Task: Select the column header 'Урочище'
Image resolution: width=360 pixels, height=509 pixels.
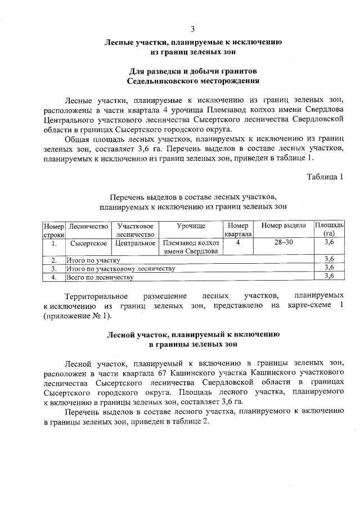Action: (191, 226)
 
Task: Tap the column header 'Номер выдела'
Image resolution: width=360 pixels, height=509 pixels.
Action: (283, 226)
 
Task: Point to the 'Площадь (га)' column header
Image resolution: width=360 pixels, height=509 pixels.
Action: (329, 229)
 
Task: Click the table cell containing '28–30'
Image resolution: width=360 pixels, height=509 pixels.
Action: (283, 242)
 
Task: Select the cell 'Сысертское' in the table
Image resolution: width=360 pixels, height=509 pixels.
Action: (89, 243)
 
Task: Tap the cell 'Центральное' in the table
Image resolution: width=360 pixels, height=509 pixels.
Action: (135, 243)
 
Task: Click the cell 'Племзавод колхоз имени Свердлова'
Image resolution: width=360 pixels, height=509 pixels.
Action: (191, 247)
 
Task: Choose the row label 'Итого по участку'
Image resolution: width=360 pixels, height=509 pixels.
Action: (93, 260)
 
